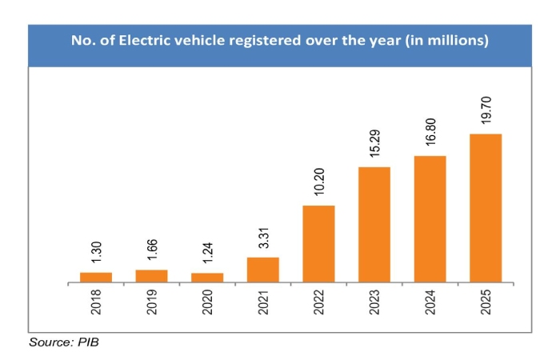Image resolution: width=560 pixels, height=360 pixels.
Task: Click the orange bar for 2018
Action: (x=96, y=278)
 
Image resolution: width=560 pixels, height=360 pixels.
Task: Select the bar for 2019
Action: (x=151, y=276)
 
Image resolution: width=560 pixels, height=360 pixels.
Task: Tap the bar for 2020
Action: (x=207, y=278)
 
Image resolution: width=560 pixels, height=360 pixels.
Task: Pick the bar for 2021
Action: (x=263, y=270)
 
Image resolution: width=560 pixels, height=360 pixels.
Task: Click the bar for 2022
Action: (x=318, y=244)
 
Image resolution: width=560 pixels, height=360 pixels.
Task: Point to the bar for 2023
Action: (x=374, y=225)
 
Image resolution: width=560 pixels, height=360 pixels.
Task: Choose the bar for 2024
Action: (x=430, y=219)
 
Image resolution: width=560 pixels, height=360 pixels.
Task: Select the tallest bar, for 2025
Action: (x=486, y=208)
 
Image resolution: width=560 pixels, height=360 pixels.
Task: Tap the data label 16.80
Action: (x=430, y=134)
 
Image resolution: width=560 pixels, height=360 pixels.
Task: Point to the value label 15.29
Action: (x=374, y=146)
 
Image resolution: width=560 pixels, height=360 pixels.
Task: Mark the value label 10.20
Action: (x=318, y=185)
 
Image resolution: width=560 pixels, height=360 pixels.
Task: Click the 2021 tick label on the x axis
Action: (x=263, y=306)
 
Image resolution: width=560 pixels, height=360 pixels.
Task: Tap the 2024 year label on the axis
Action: (x=430, y=306)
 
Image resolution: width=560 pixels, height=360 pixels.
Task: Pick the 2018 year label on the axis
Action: (x=96, y=306)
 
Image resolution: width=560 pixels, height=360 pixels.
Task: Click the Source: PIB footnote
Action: (x=63, y=342)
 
